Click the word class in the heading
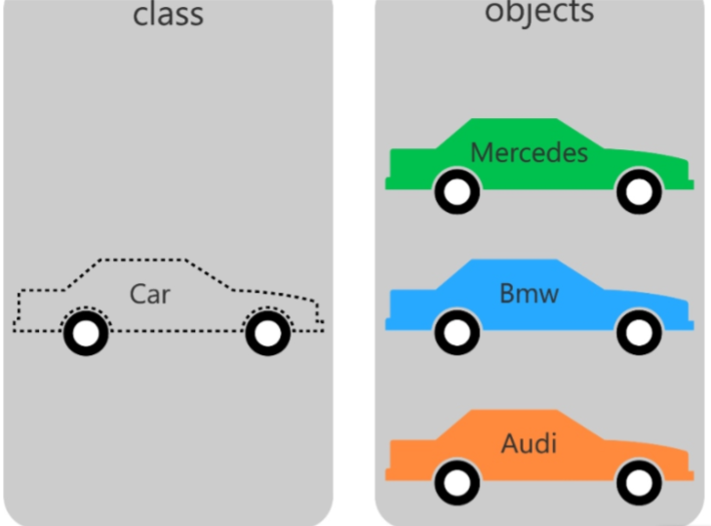pyautogui.click(x=168, y=14)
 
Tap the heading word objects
pyautogui.click(x=539, y=12)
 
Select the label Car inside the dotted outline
pyautogui.click(x=149, y=294)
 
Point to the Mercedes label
pyautogui.click(x=529, y=153)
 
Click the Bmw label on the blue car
pyautogui.click(x=529, y=293)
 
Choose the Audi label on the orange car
pyautogui.click(x=529, y=444)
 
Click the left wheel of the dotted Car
pyautogui.click(x=87, y=334)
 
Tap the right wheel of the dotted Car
pyautogui.click(x=267, y=334)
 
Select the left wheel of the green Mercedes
pyautogui.click(x=455, y=192)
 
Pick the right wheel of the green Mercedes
pyautogui.click(x=639, y=192)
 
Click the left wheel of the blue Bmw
pyautogui.click(x=455, y=334)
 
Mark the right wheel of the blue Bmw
pyautogui.click(x=639, y=334)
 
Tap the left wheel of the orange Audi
pyautogui.click(x=455, y=482)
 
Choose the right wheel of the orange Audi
pyautogui.click(x=639, y=482)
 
